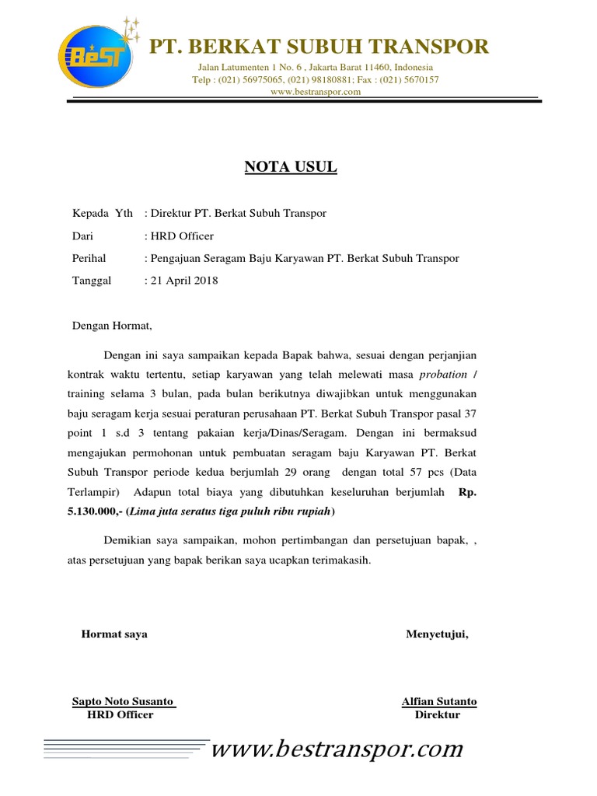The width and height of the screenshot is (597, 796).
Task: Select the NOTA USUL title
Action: click(x=292, y=166)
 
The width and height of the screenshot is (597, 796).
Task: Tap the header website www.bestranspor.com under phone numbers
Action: click(x=316, y=92)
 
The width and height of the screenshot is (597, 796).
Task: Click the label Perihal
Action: click(x=89, y=258)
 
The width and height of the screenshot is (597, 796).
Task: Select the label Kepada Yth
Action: click(x=102, y=213)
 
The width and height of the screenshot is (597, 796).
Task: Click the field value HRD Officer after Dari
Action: click(x=182, y=236)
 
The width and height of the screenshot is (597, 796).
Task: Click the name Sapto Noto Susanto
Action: click(x=123, y=701)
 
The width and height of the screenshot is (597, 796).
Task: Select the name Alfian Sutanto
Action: click(x=439, y=701)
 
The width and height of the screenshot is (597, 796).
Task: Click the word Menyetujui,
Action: click(x=437, y=634)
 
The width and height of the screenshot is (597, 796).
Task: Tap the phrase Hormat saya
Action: click(x=114, y=634)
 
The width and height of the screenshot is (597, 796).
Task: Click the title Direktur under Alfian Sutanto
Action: click(x=438, y=715)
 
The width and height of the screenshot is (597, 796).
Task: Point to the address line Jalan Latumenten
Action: click(x=316, y=68)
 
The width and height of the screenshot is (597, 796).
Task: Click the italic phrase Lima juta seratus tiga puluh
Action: click(x=210, y=511)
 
